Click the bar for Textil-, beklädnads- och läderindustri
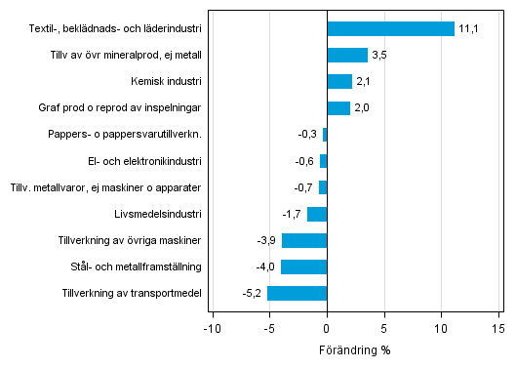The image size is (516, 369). [x=390, y=29]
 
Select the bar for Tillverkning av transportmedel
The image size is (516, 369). [x=298, y=293]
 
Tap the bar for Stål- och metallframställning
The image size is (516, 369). [x=303, y=266]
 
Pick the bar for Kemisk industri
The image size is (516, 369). [x=339, y=82]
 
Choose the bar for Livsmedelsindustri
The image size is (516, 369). [x=317, y=214]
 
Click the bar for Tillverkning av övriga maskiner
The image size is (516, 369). [x=304, y=240]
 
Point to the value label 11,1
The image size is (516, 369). [x=468, y=29]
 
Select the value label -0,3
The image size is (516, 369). [x=308, y=135]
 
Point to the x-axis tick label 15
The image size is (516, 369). [x=499, y=329]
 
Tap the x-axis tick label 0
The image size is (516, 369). [x=327, y=329]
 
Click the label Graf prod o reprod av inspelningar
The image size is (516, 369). [x=125, y=108]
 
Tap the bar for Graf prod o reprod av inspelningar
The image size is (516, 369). [x=338, y=108]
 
